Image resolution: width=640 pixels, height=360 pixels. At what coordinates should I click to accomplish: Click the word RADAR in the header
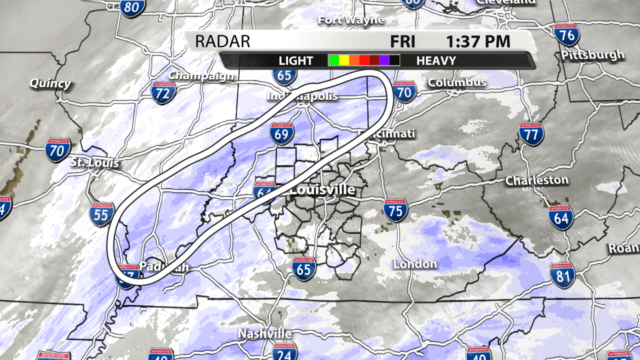222,41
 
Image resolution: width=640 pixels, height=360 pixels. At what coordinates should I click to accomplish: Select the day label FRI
402,41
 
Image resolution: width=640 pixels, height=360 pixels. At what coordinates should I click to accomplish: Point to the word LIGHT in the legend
296,61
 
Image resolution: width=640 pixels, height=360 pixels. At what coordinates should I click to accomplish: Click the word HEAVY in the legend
436,61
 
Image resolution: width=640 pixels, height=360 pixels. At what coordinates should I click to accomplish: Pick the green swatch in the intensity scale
333,60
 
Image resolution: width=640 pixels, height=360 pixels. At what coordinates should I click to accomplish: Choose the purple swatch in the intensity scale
384,60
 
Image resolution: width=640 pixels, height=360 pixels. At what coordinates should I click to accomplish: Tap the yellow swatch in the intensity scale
343,60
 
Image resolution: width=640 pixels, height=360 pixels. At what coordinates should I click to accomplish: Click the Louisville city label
322,189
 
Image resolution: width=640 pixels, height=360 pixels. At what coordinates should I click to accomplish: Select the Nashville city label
264,333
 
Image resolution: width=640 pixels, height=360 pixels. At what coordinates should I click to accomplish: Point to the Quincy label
50,83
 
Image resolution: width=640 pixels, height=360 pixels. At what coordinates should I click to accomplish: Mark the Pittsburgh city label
592,54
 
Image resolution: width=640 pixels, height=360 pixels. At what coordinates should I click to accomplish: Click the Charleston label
537,180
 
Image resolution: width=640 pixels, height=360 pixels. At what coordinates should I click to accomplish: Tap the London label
415,264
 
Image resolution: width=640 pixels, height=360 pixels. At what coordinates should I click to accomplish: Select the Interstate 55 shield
101,214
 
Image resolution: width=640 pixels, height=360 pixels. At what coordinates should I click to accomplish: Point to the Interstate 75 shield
395,210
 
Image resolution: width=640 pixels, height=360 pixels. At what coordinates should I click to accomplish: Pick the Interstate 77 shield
531,134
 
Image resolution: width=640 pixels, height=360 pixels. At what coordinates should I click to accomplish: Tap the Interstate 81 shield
562,275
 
